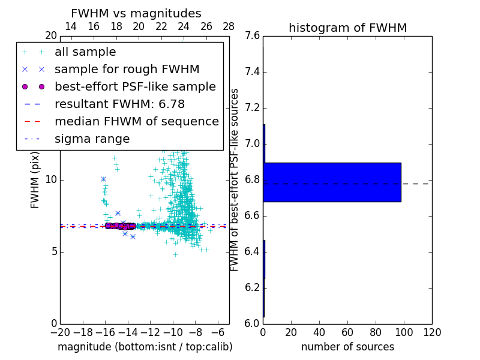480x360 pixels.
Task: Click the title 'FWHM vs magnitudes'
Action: point(136,13)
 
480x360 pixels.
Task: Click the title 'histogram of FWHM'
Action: point(347,28)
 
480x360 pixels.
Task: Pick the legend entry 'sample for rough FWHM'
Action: point(127,69)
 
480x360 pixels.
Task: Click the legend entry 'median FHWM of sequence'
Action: point(136,121)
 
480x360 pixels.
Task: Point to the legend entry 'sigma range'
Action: point(92,139)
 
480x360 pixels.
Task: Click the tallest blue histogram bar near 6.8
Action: point(332,182)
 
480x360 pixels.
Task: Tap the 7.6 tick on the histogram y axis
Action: point(253,36)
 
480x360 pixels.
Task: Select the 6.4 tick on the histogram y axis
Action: point(253,251)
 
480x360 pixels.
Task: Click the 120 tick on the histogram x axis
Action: point(431,332)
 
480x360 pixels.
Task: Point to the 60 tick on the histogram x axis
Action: point(347,332)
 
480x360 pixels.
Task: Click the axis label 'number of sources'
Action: point(347,347)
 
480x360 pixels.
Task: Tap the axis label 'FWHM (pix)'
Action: point(35,179)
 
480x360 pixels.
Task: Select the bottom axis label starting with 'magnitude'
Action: point(145,347)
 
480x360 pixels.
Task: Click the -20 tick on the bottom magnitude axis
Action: point(60,332)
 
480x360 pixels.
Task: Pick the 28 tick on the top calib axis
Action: point(229,26)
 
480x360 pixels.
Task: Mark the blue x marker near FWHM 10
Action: point(103,179)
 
